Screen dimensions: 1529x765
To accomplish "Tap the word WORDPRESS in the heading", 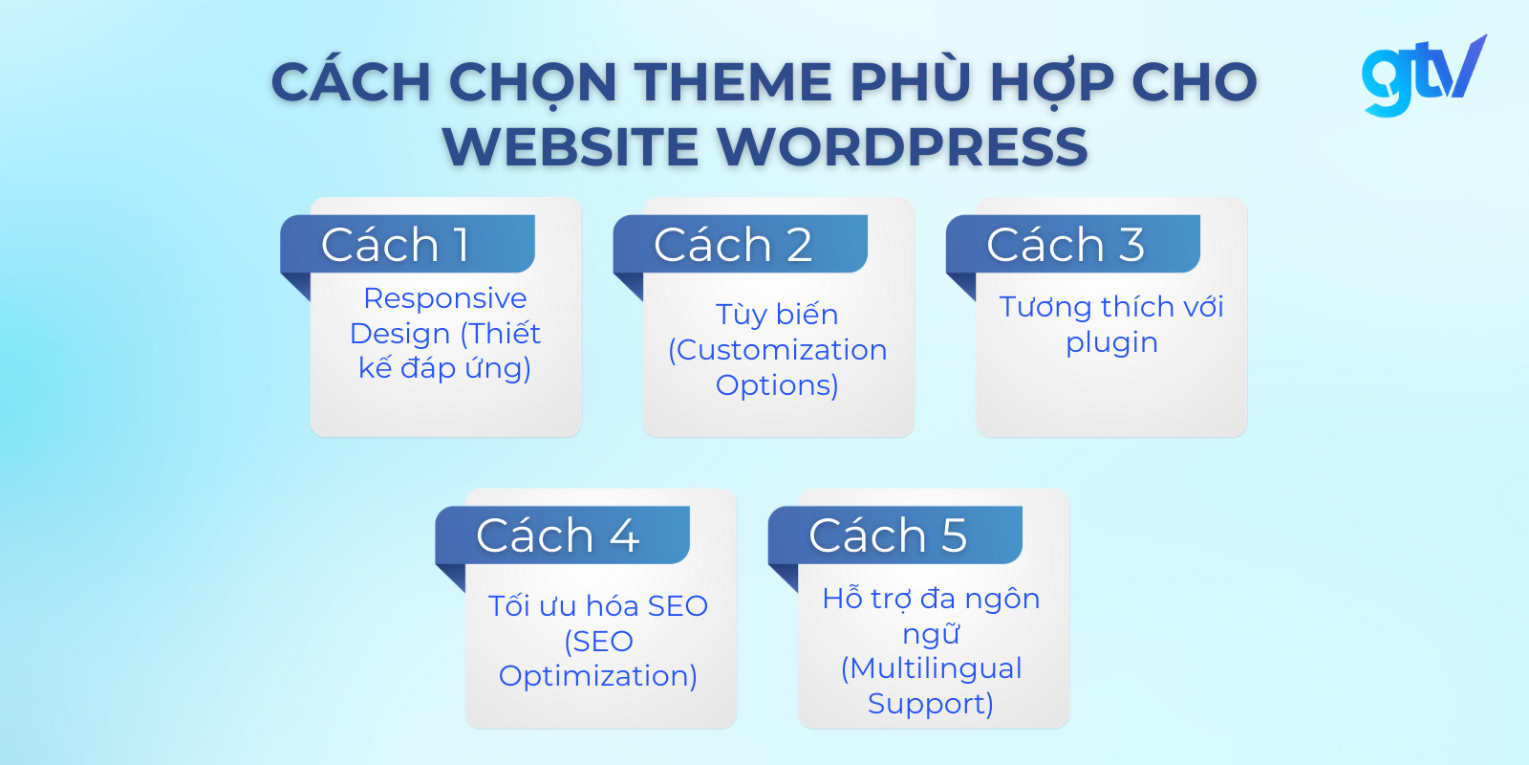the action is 901,147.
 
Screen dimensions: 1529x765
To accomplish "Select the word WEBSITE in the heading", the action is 571,147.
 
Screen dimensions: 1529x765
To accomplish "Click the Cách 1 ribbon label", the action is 407,245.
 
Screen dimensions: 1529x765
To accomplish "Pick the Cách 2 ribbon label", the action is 740,245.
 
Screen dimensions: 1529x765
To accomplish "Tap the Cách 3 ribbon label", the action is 1073,245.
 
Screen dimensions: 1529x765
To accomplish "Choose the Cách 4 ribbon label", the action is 563,535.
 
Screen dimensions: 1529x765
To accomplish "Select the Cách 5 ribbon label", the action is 894,535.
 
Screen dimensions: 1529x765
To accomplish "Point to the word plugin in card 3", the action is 1112,343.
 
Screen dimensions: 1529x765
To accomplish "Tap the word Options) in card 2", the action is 777,386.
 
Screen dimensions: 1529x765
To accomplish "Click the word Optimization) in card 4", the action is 598,677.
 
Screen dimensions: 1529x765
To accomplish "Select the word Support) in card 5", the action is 931,704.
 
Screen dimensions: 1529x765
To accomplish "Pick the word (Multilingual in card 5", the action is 931,668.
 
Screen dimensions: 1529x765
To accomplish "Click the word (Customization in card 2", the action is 778,350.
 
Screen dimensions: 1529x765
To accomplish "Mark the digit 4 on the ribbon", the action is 625,535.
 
